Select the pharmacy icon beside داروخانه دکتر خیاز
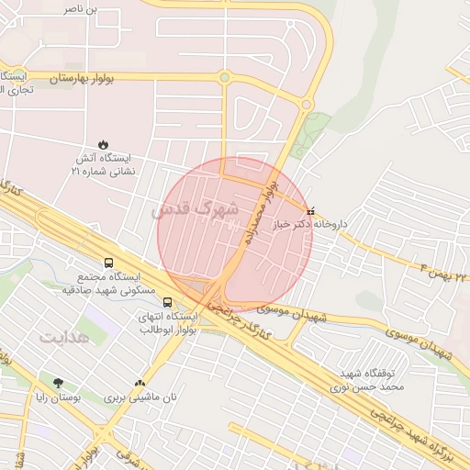[309, 210]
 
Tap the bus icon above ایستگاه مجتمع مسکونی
[109, 263]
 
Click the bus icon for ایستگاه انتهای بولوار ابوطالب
[166, 301]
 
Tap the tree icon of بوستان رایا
[59, 383]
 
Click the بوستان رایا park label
[59, 398]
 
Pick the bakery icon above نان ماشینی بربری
[140, 384]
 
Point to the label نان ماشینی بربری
[138, 398]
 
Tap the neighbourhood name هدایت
[66, 338]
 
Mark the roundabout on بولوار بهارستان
[224, 78]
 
